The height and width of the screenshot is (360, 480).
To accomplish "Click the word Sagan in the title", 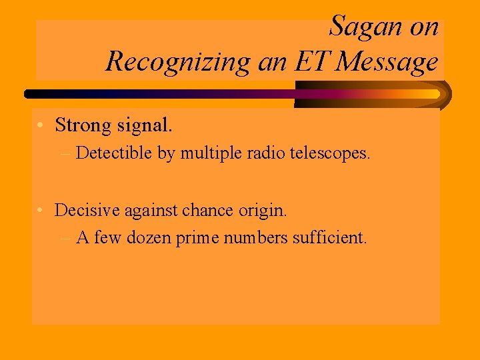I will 365,27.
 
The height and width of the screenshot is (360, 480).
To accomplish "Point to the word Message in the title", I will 387,62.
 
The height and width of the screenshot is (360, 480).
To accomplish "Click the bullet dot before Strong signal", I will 41,125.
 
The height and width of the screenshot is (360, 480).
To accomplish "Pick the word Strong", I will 83,125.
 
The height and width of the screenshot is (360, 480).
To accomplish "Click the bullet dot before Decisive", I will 41,211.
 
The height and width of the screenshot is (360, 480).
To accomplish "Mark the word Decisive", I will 83,211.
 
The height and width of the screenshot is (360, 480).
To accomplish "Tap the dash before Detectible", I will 65,153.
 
